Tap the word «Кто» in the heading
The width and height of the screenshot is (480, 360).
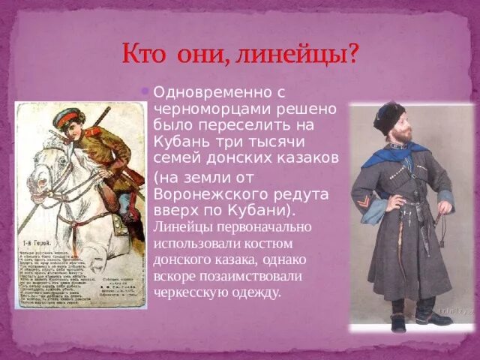click(145, 55)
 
